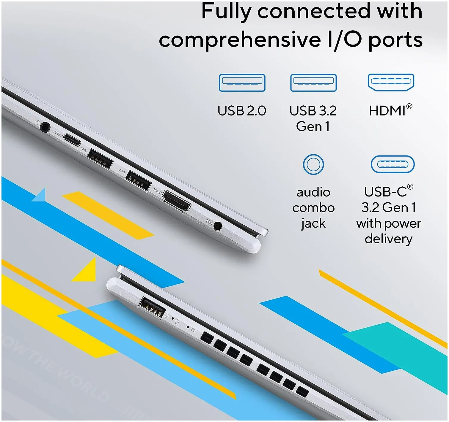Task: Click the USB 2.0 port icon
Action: click(242, 83)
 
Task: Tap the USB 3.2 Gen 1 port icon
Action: click(313, 83)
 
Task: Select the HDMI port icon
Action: click(391, 82)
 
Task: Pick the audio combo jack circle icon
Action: click(313, 164)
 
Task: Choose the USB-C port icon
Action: click(393, 164)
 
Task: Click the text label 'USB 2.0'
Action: click(242, 111)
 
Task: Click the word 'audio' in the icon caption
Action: click(313, 192)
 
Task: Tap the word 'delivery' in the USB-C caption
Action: click(388, 239)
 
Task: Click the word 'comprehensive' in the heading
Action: click(240, 39)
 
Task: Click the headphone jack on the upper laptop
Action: click(45, 127)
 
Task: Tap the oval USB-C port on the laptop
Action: click(72, 140)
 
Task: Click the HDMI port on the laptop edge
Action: click(177, 201)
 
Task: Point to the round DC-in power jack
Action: click(218, 226)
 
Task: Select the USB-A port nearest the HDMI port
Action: click(138, 180)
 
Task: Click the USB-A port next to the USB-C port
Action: click(100, 159)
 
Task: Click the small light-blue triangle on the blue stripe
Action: click(40, 196)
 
